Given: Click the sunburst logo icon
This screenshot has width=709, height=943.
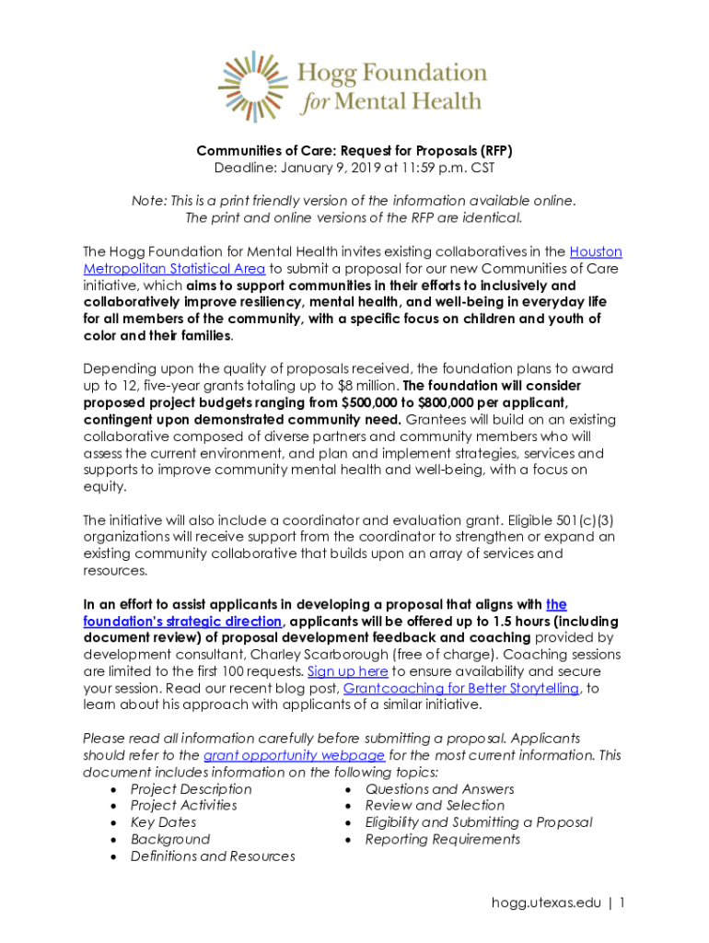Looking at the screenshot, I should (251, 87).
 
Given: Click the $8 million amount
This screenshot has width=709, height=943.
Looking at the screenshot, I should (369, 386).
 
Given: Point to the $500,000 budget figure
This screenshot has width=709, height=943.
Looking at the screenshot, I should (372, 402).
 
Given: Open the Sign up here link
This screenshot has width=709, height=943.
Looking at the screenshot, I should (347, 671).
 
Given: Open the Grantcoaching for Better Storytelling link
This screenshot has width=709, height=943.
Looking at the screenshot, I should (460, 688).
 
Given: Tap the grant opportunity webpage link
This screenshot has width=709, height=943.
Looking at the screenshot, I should (294, 755).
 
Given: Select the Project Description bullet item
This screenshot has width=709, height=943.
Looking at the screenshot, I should (191, 789).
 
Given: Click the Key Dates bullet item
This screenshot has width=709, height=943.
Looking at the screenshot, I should (163, 822).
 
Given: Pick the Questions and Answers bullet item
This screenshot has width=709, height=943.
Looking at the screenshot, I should (439, 789).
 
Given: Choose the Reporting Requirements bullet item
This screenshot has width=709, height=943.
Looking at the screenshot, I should (442, 839).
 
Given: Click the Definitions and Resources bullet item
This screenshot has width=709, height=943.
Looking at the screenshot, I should (213, 856).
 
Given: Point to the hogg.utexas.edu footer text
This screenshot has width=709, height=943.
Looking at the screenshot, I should (544, 903).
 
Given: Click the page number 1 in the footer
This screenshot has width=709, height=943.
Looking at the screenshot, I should (622, 903).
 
